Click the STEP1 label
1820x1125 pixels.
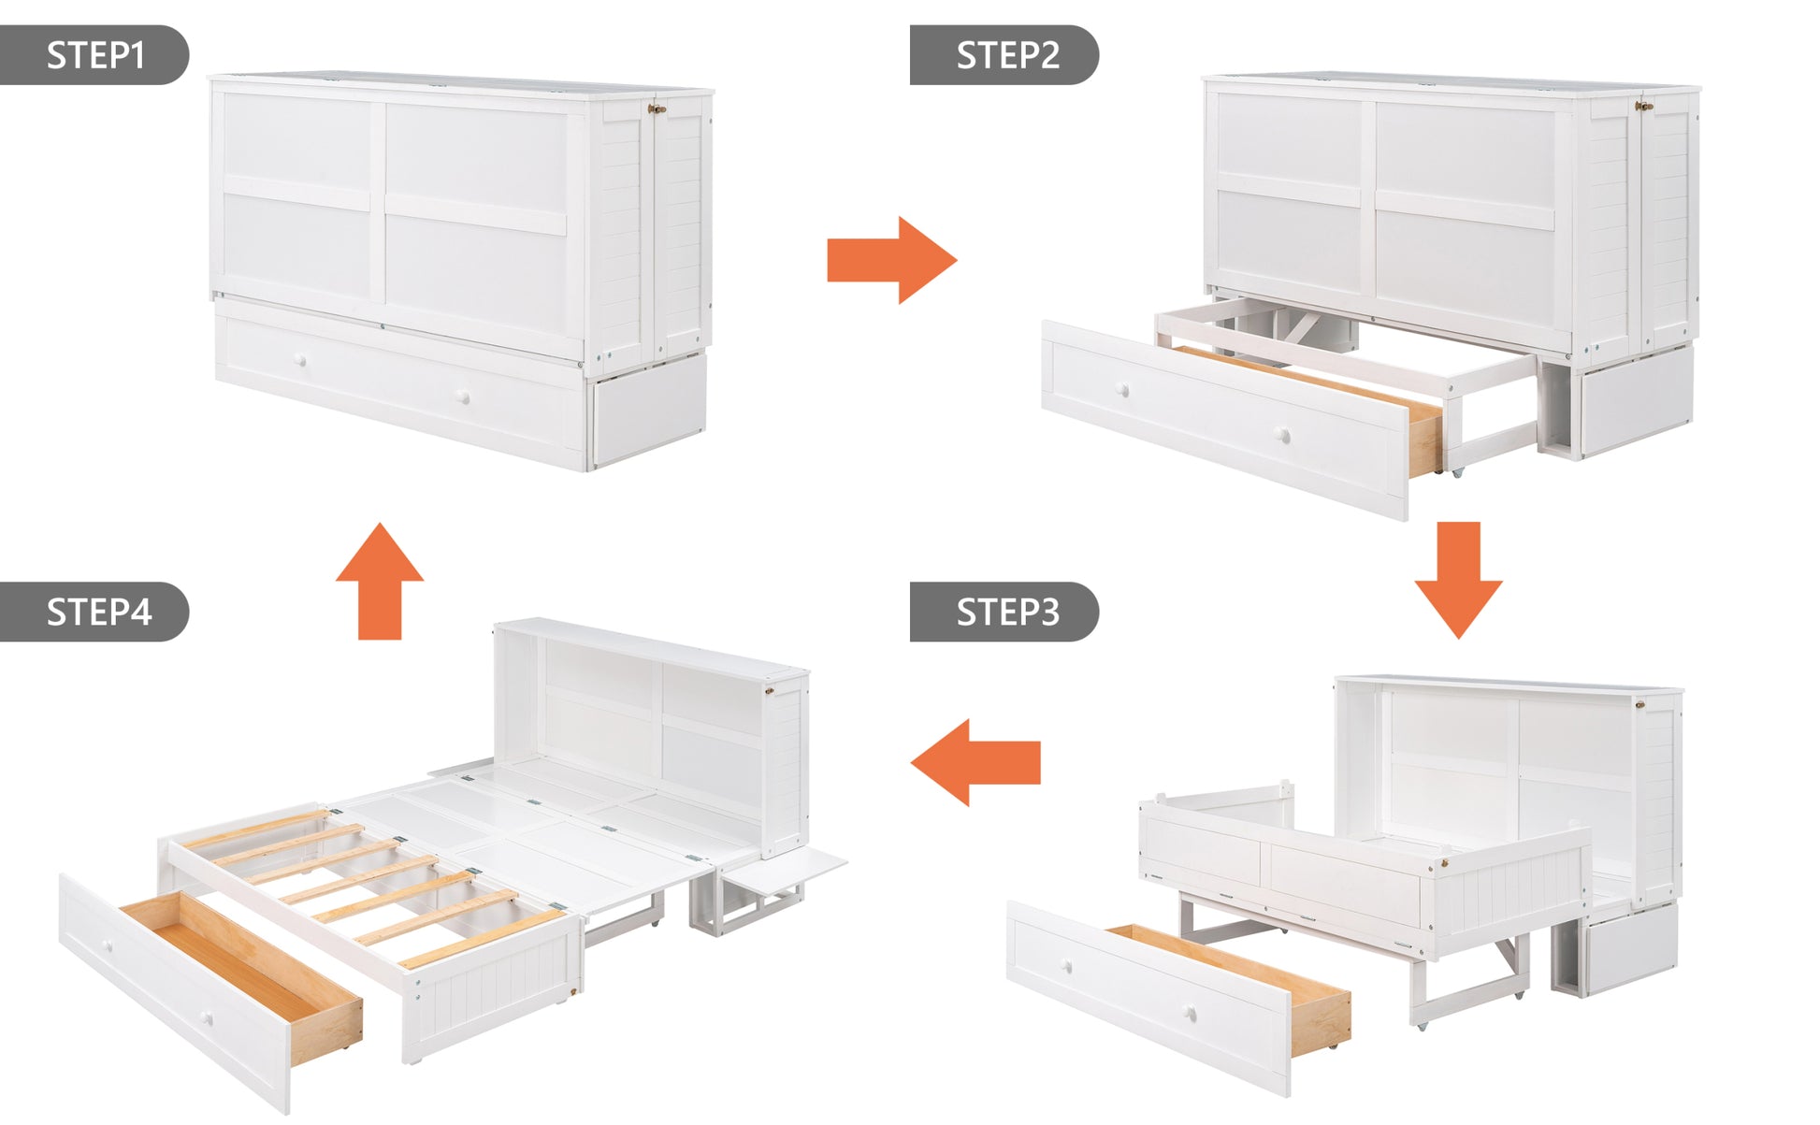(x=95, y=55)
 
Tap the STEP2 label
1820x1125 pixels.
(x=1007, y=55)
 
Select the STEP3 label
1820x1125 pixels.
(x=1007, y=612)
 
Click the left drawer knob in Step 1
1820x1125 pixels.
(x=301, y=361)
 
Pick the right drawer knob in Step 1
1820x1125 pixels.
(x=462, y=397)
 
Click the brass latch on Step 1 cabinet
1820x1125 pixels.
(x=657, y=109)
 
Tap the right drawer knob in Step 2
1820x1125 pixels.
(x=1283, y=435)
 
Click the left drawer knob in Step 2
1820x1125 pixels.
(x=1122, y=389)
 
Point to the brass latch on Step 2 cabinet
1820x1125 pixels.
(x=1644, y=107)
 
